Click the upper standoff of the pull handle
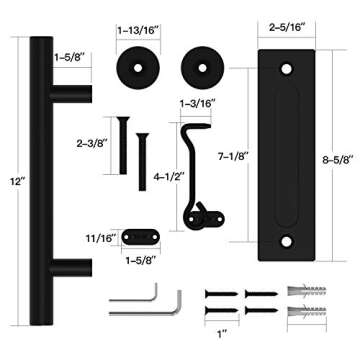[x=72, y=93]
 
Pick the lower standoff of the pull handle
[x=72, y=269]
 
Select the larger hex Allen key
[x=132, y=296]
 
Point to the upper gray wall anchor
[x=307, y=294]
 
